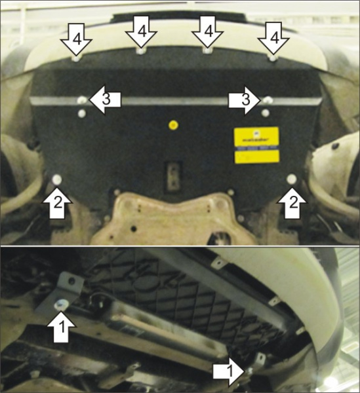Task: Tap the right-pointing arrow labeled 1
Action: (228, 372)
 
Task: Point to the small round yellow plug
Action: (172, 124)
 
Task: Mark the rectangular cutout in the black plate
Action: (172, 175)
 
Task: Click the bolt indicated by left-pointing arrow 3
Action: (81, 100)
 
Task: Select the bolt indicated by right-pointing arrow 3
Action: (268, 100)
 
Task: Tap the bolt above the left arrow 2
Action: (57, 179)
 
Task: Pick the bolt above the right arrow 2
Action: (291, 178)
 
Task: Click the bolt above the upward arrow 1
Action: (61, 303)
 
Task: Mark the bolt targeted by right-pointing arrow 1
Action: (250, 371)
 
